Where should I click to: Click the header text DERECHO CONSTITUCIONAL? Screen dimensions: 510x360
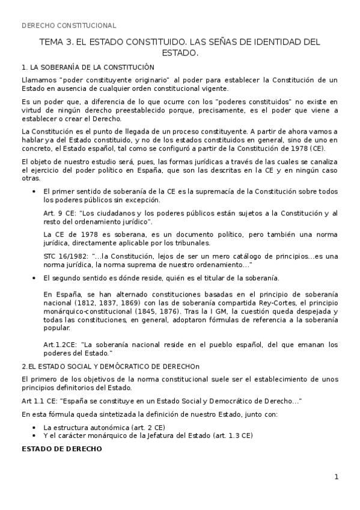coord(69,25)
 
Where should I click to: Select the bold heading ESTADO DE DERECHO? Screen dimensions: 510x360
coord(62,449)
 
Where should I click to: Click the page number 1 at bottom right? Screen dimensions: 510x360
coord(337,477)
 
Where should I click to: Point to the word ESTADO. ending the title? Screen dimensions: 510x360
coord(180,53)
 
